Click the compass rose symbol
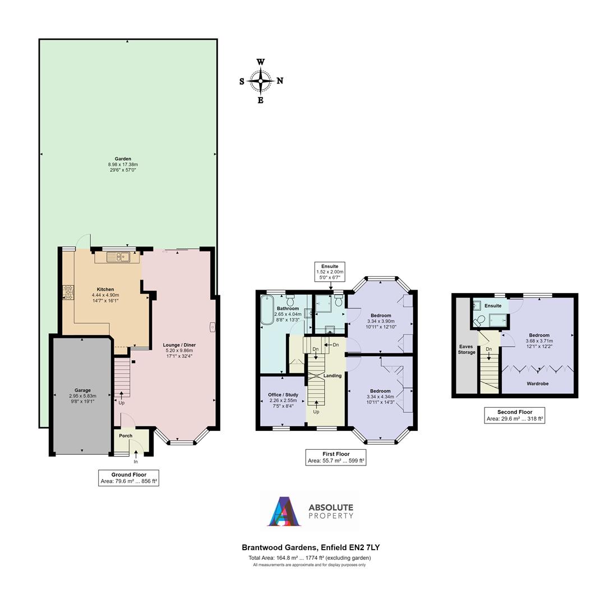coord(261,81)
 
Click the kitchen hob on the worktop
coord(68,292)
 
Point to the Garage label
coord(82,390)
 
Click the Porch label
coord(126,436)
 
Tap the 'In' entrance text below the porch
coord(136,462)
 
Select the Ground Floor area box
coord(128,478)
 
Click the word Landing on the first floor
coord(333,375)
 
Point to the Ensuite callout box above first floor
coord(330,272)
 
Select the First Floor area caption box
coord(336,458)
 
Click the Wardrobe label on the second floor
coord(537,384)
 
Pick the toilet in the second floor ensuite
coord(479,320)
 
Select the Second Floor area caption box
coord(514,415)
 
